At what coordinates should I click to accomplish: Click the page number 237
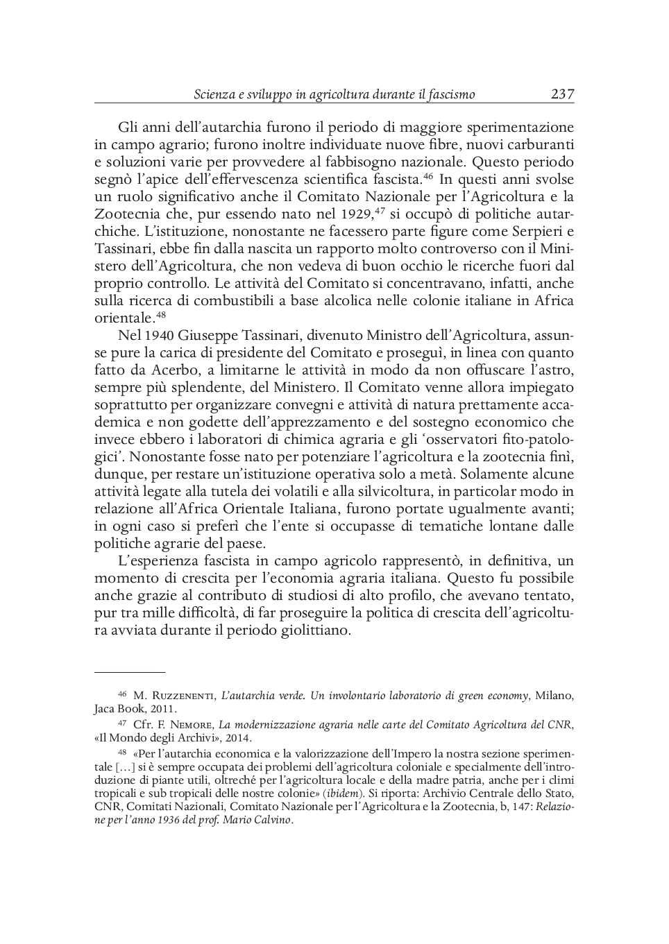(x=562, y=94)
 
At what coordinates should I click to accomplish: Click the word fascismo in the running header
(x=450, y=94)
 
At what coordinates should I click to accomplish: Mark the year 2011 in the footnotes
(x=165, y=709)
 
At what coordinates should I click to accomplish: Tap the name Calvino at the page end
(x=273, y=820)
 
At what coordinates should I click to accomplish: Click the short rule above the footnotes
(x=130, y=672)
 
